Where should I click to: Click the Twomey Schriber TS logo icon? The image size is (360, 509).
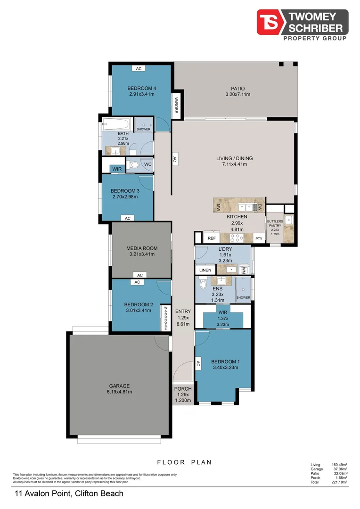click(x=270, y=22)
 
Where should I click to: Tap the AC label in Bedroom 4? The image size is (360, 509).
click(x=139, y=69)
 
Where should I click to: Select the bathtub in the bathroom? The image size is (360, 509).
click(x=116, y=124)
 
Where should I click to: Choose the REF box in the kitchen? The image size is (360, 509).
click(x=212, y=238)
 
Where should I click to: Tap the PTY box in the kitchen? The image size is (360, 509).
click(x=258, y=238)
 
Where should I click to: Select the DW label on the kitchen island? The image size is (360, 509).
click(x=259, y=206)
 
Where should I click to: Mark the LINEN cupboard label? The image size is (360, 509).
click(x=205, y=270)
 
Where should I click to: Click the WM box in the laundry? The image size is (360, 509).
click(x=244, y=270)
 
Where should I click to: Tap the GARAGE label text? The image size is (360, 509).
click(x=119, y=386)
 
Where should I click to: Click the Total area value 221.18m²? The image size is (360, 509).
click(x=339, y=482)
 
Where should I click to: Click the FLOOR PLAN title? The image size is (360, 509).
click(x=184, y=462)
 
